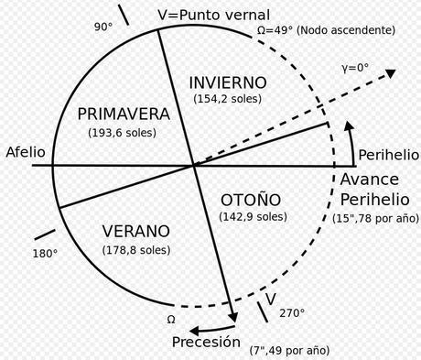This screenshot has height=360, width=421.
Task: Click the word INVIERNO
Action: [x=230, y=82]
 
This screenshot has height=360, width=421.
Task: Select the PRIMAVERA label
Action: [x=124, y=115]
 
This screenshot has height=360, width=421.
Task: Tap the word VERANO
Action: [x=135, y=231]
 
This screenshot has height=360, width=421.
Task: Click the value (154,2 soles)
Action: [x=230, y=98]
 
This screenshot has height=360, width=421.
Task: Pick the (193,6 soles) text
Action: [x=124, y=133]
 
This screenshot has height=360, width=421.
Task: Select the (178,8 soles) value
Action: [x=135, y=249]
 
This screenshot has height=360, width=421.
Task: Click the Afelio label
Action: [x=25, y=151]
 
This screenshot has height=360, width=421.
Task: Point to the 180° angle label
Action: [x=45, y=253]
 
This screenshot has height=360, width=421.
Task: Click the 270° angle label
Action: [x=292, y=312]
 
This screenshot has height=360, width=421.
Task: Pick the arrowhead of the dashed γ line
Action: [x=391, y=73]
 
